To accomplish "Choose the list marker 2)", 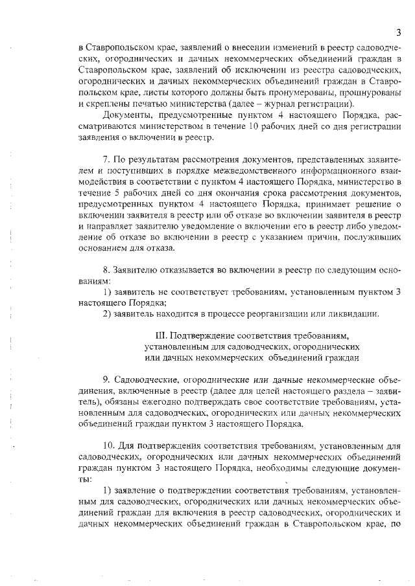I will [x=109, y=313].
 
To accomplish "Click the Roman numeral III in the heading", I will [x=162, y=335].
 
